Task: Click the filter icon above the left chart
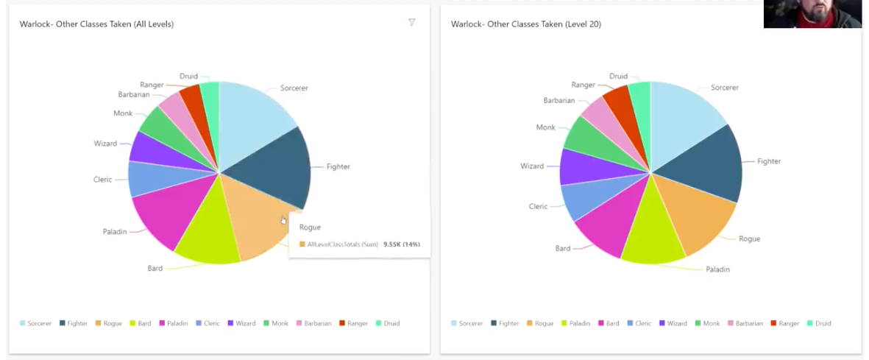(412, 23)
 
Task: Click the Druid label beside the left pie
(188, 76)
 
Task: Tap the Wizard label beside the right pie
(531, 166)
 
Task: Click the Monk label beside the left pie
(123, 113)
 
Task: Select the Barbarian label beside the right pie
(558, 100)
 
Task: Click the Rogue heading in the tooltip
(310, 227)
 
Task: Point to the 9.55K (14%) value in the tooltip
(402, 244)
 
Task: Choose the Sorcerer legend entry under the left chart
(36, 323)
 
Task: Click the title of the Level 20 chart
(525, 24)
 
